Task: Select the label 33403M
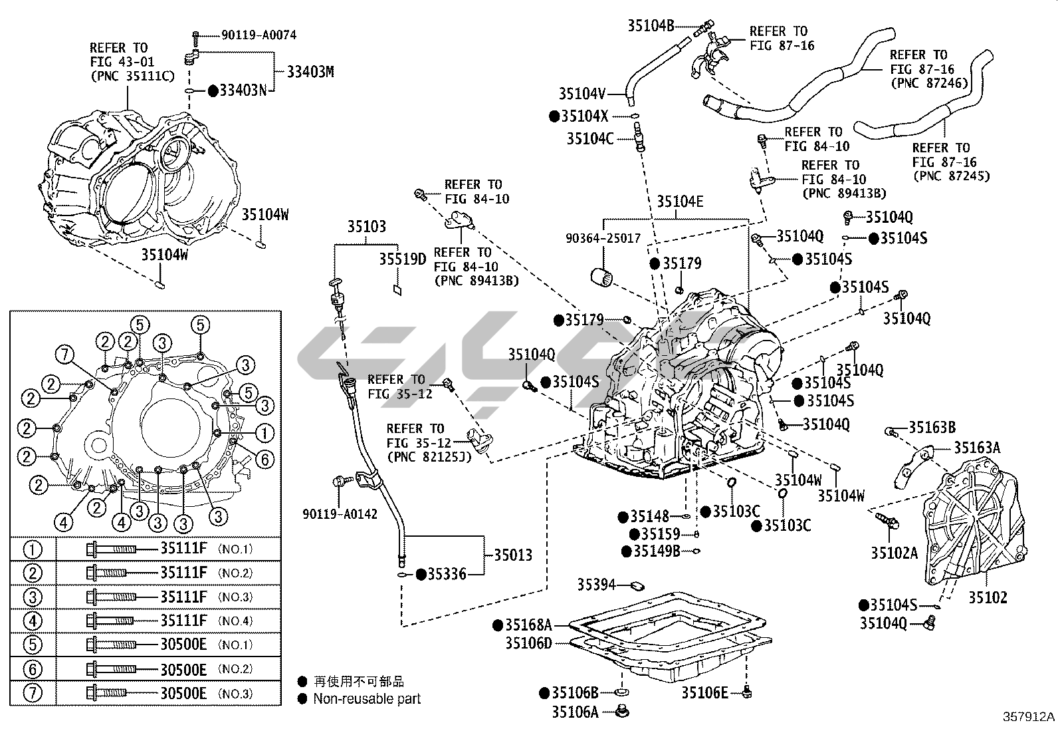(310, 72)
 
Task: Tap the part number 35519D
(403, 259)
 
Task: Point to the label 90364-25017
(603, 237)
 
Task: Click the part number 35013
(512, 555)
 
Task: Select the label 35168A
(528, 625)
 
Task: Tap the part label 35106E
(704, 692)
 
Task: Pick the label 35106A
(576, 712)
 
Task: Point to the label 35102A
(895, 552)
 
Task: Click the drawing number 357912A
(1029, 717)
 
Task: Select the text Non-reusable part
(367, 698)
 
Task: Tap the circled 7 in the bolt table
(33, 693)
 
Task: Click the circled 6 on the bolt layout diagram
(264, 458)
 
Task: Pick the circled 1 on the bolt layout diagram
(264, 434)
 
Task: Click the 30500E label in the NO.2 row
(183, 669)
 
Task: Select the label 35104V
(582, 94)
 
